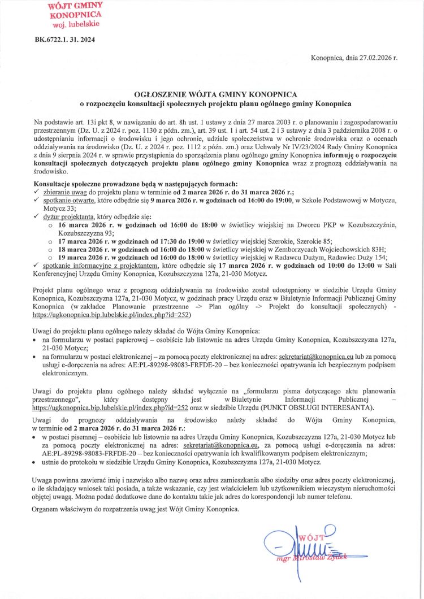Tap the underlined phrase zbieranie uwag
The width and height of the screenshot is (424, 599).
[62, 192]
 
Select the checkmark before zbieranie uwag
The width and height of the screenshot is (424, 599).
[37, 192]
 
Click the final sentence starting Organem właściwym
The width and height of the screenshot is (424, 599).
[136, 509]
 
